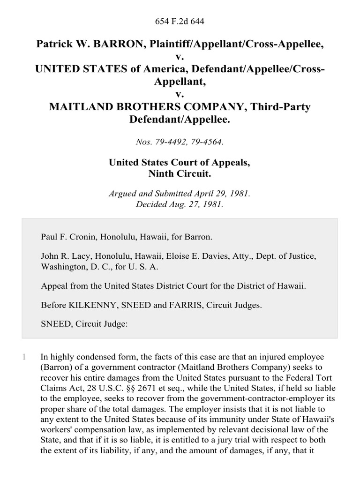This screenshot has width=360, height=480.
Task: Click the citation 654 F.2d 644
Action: click(180, 21)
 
